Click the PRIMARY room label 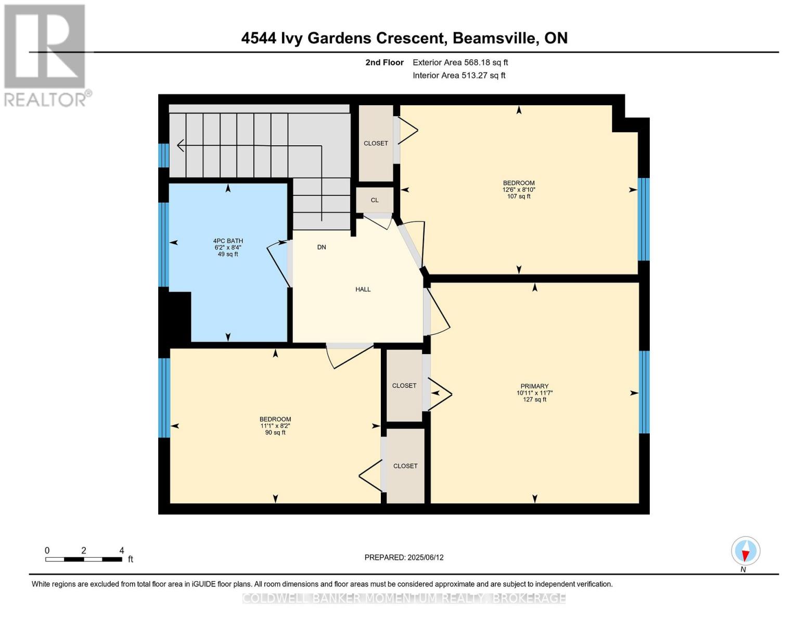[x=534, y=386]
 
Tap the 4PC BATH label [x=228, y=241]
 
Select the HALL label [x=363, y=290]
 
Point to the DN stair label [x=322, y=247]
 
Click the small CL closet [x=375, y=201]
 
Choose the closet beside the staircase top [x=376, y=143]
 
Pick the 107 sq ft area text [x=519, y=197]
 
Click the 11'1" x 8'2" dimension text [x=275, y=426]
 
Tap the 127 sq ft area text [x=534, y=400]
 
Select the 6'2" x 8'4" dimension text [x=228, y=248]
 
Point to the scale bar [x=84, y=559]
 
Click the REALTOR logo [x=45, y=55]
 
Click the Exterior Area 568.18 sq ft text [x=460, y=63]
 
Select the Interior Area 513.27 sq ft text [x=459, y=76]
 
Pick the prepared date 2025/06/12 [x=426, y=558]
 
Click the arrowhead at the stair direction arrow [x=180, y=145]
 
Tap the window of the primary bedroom [x=644, y=392]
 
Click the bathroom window [x=163, y=245]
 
